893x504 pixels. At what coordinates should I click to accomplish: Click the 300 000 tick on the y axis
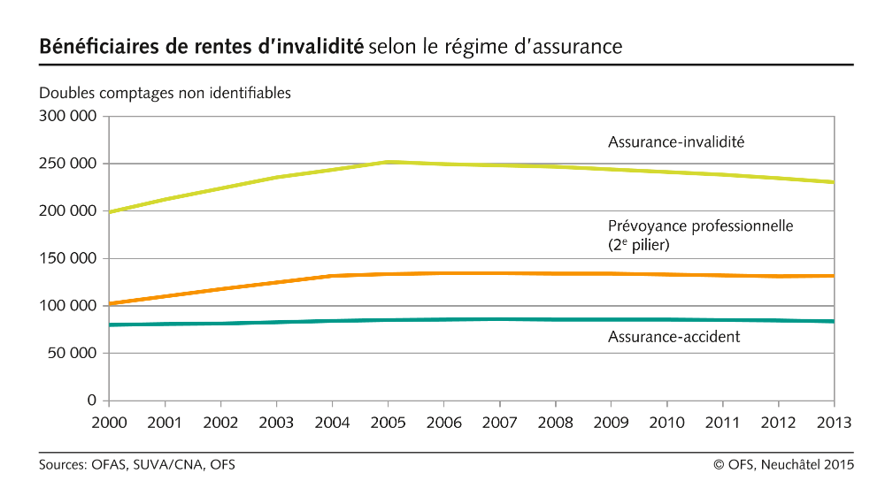(x=67, y=116)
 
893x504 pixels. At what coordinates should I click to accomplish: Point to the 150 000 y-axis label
(x=67, y=258)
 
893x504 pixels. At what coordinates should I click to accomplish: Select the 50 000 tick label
(x=72, y=353)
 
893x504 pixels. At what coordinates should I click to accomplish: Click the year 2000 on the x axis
(x=109, y=423)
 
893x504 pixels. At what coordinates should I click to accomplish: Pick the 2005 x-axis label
(x=387, y=423)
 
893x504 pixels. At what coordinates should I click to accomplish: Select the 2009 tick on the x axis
(x=610, y=423)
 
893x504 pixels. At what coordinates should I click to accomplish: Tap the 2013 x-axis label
(x=832, y=423)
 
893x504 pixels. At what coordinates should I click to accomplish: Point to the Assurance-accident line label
(x=674, y=337)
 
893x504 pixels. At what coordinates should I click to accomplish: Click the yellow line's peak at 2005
(x=387, y=162)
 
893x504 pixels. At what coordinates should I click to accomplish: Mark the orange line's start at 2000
(x=107, y=303)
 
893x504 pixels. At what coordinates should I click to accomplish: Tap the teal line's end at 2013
(x=833, y=321)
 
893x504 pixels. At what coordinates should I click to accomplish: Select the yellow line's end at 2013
(x=833, y=182)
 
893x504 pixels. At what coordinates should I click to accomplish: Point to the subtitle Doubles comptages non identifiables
(x=165, y=93)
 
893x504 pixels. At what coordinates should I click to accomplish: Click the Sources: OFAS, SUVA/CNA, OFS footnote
(x=136, y=464)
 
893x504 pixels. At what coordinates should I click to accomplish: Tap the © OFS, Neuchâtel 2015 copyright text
(x=784, y=464)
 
